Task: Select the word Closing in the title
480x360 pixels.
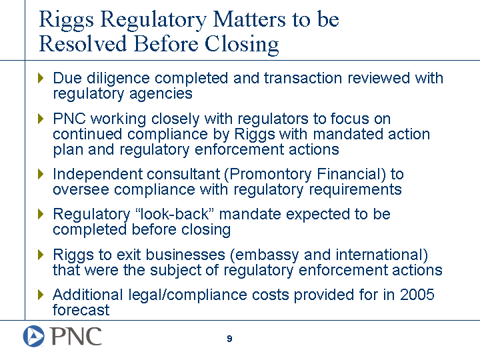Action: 242,45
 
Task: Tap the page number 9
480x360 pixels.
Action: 229,339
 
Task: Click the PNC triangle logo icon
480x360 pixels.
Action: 34,336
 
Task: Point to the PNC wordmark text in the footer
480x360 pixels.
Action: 76,336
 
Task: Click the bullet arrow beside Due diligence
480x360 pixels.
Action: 41,78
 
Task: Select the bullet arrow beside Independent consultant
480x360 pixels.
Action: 41,174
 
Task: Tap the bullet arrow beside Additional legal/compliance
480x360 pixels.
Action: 41,295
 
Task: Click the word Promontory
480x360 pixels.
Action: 270,174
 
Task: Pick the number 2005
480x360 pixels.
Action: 417,295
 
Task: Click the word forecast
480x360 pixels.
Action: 81,310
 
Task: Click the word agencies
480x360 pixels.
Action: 161,94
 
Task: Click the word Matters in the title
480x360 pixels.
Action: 249,20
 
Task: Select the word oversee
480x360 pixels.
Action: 81,190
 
